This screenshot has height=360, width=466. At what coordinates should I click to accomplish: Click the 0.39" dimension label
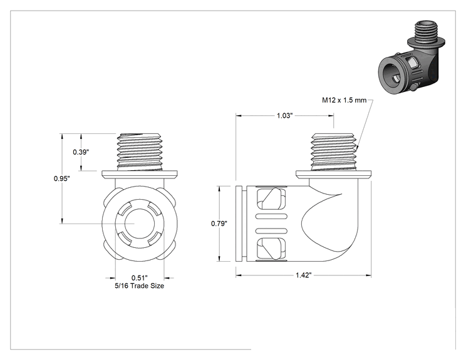[81, 152]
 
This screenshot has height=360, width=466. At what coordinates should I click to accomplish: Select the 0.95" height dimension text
[62, 178]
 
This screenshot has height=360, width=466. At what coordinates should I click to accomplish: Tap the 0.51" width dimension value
[140, 278]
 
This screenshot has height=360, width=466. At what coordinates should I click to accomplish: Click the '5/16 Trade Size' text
[140, 285]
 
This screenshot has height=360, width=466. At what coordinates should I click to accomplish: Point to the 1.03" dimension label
[285, 116]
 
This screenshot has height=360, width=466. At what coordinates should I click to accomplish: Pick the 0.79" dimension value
[219, 224]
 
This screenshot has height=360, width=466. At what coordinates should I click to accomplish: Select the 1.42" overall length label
[303, 275]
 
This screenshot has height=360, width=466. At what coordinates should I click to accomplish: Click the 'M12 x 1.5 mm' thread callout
[344, 100]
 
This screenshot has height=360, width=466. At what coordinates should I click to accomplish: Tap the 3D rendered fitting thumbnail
[412, 56]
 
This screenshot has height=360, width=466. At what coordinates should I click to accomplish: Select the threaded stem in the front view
[140, 152]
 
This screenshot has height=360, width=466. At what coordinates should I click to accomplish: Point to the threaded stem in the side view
[333, 152]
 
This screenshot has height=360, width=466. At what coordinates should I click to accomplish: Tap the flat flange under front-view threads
[140, 175]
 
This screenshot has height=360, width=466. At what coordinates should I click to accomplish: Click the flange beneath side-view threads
[333, 175]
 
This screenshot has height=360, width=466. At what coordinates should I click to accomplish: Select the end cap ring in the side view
[239, 224]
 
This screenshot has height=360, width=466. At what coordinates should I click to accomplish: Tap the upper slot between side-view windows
[272, 216]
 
